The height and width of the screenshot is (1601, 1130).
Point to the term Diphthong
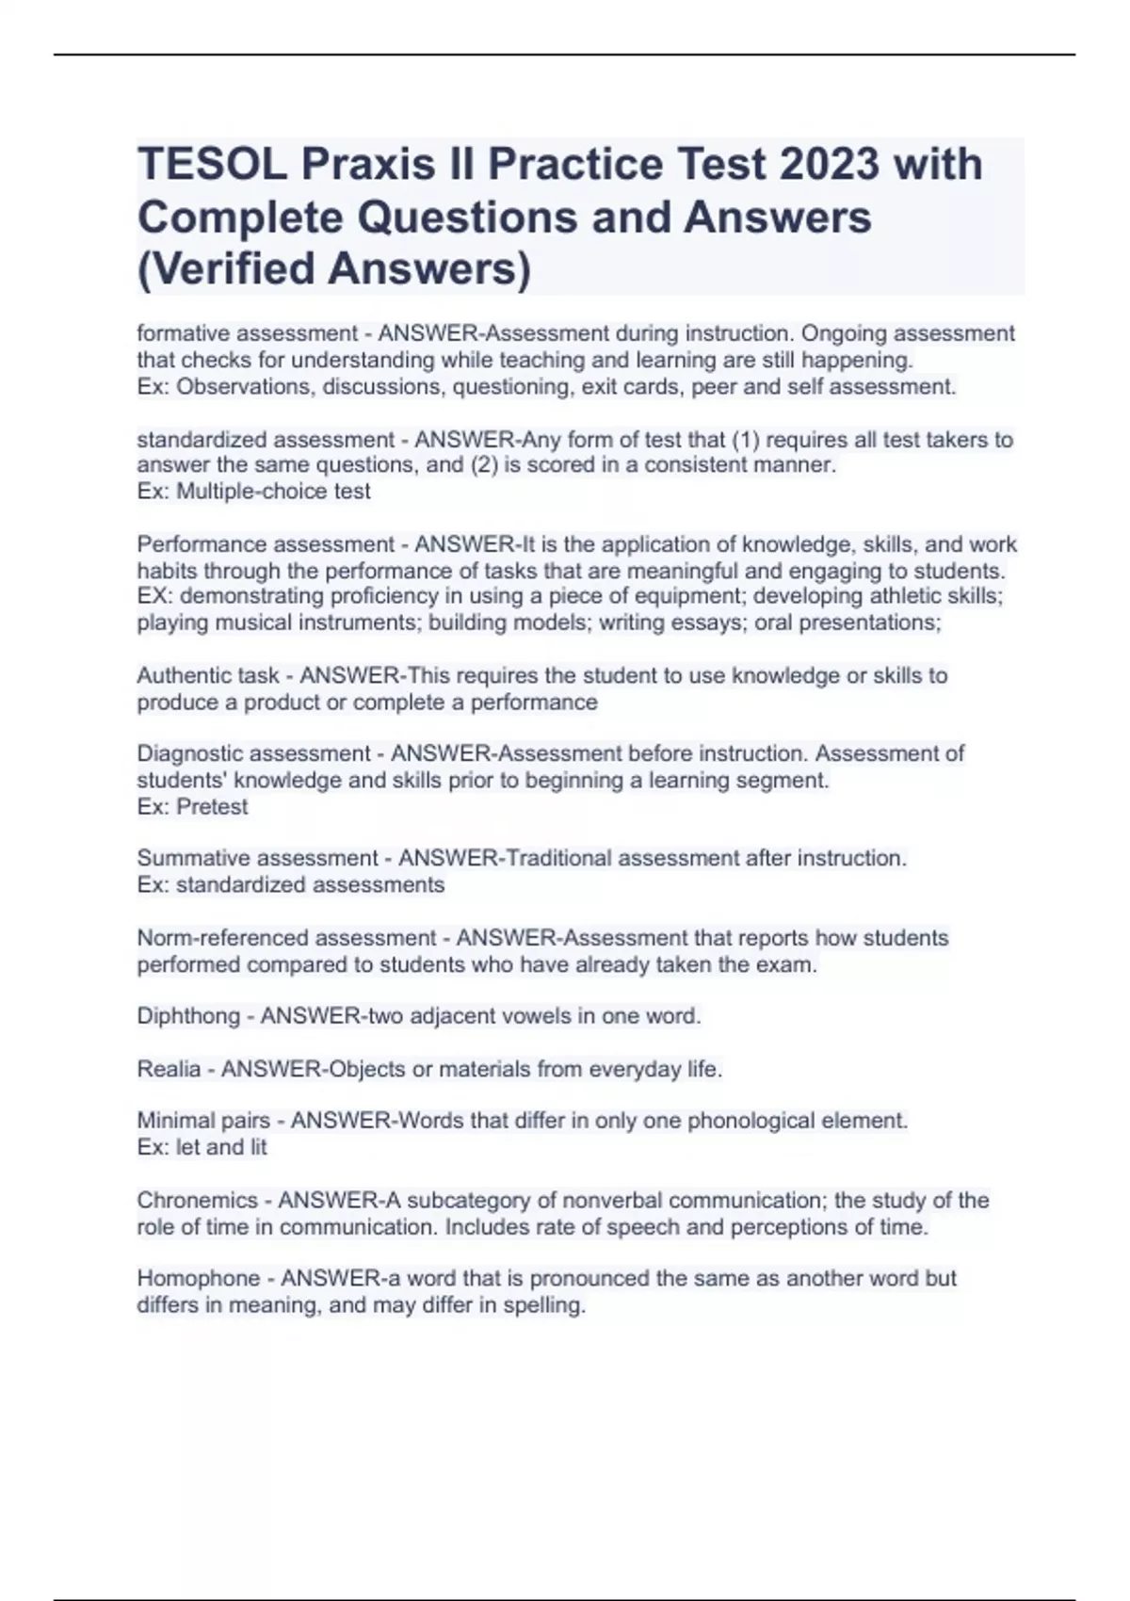point(188,1016)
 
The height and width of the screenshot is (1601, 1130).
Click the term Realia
point(169,1069)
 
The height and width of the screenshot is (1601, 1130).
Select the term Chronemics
point(197,1200)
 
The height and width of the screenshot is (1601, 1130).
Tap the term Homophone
point(197,1278)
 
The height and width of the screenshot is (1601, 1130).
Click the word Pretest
point(212,806)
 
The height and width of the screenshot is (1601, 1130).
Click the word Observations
point(243,386)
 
